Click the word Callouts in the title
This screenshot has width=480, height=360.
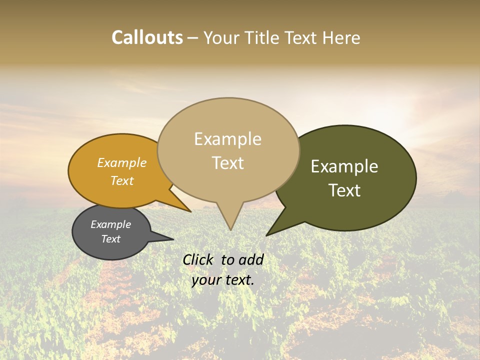[147, 38]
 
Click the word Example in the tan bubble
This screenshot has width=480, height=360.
[227, 139]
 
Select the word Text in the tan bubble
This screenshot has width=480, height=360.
[228, 163]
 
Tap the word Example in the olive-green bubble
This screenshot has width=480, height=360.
[344, 166]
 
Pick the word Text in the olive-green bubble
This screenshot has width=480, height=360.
[345, 190]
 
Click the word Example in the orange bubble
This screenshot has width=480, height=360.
[121, 163]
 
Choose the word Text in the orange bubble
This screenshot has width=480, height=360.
[122, 180]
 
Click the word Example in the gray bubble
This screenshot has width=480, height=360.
[110, 224]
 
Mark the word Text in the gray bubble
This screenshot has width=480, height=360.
[111, 239]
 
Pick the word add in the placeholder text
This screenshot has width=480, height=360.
[251, 259]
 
